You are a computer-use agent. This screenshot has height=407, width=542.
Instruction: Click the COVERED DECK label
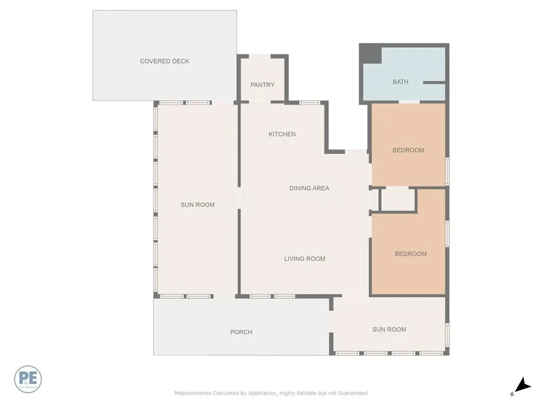point(165,61)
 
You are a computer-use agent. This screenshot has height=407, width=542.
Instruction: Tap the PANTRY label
point(263,85)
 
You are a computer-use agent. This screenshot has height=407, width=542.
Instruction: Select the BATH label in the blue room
point(400,82)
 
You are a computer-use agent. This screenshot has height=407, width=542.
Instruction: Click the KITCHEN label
point(282,135)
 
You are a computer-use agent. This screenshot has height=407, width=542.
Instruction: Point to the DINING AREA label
point(309,188)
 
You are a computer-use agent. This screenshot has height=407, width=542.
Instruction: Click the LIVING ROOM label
point(304,259)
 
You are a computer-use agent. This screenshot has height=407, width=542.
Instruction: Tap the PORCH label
point(241,332)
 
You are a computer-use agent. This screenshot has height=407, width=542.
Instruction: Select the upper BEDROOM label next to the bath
point(408,151)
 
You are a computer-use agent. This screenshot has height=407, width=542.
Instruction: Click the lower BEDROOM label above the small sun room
point(410,254)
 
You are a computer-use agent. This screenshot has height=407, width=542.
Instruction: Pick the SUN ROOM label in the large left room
point(197,205)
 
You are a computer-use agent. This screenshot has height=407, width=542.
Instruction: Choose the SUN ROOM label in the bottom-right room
point(389,330)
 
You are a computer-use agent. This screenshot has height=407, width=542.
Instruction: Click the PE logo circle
point(28,379)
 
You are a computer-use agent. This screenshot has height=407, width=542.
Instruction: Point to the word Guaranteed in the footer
point(353,393)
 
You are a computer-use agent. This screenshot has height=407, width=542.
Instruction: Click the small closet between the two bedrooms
point(398,200)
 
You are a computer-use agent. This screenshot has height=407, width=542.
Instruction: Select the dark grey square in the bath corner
point(371,54)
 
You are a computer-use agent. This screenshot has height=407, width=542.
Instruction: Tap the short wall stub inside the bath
point(433,83)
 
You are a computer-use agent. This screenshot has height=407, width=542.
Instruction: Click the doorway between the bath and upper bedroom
point(409,101)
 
